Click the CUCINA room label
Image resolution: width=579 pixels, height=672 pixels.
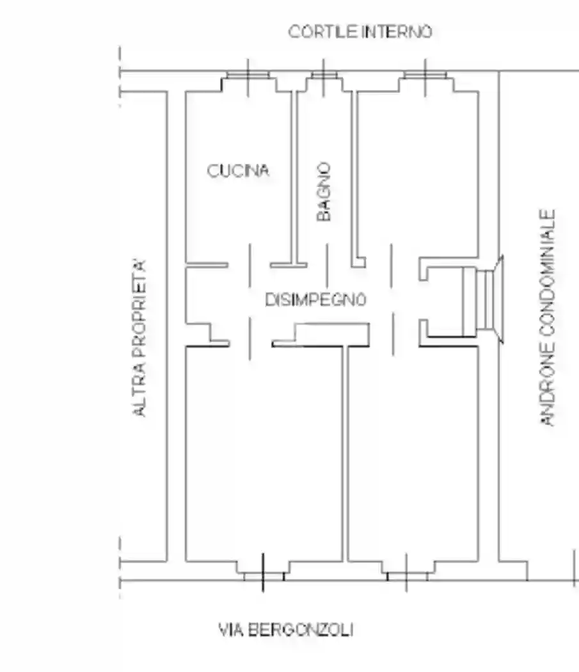[x=238, y=171]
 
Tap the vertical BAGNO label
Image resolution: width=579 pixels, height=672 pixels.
[x=325, y=191]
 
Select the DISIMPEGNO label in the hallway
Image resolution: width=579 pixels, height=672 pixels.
[x=315, y=299]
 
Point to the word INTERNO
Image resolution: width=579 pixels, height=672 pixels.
[x=397, y=31]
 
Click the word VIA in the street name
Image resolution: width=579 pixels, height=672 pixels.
[x=230, y=630]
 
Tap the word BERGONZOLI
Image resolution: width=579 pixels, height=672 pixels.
[x=300, y=630]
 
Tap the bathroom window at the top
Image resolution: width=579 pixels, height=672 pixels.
[x=322, y=76]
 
